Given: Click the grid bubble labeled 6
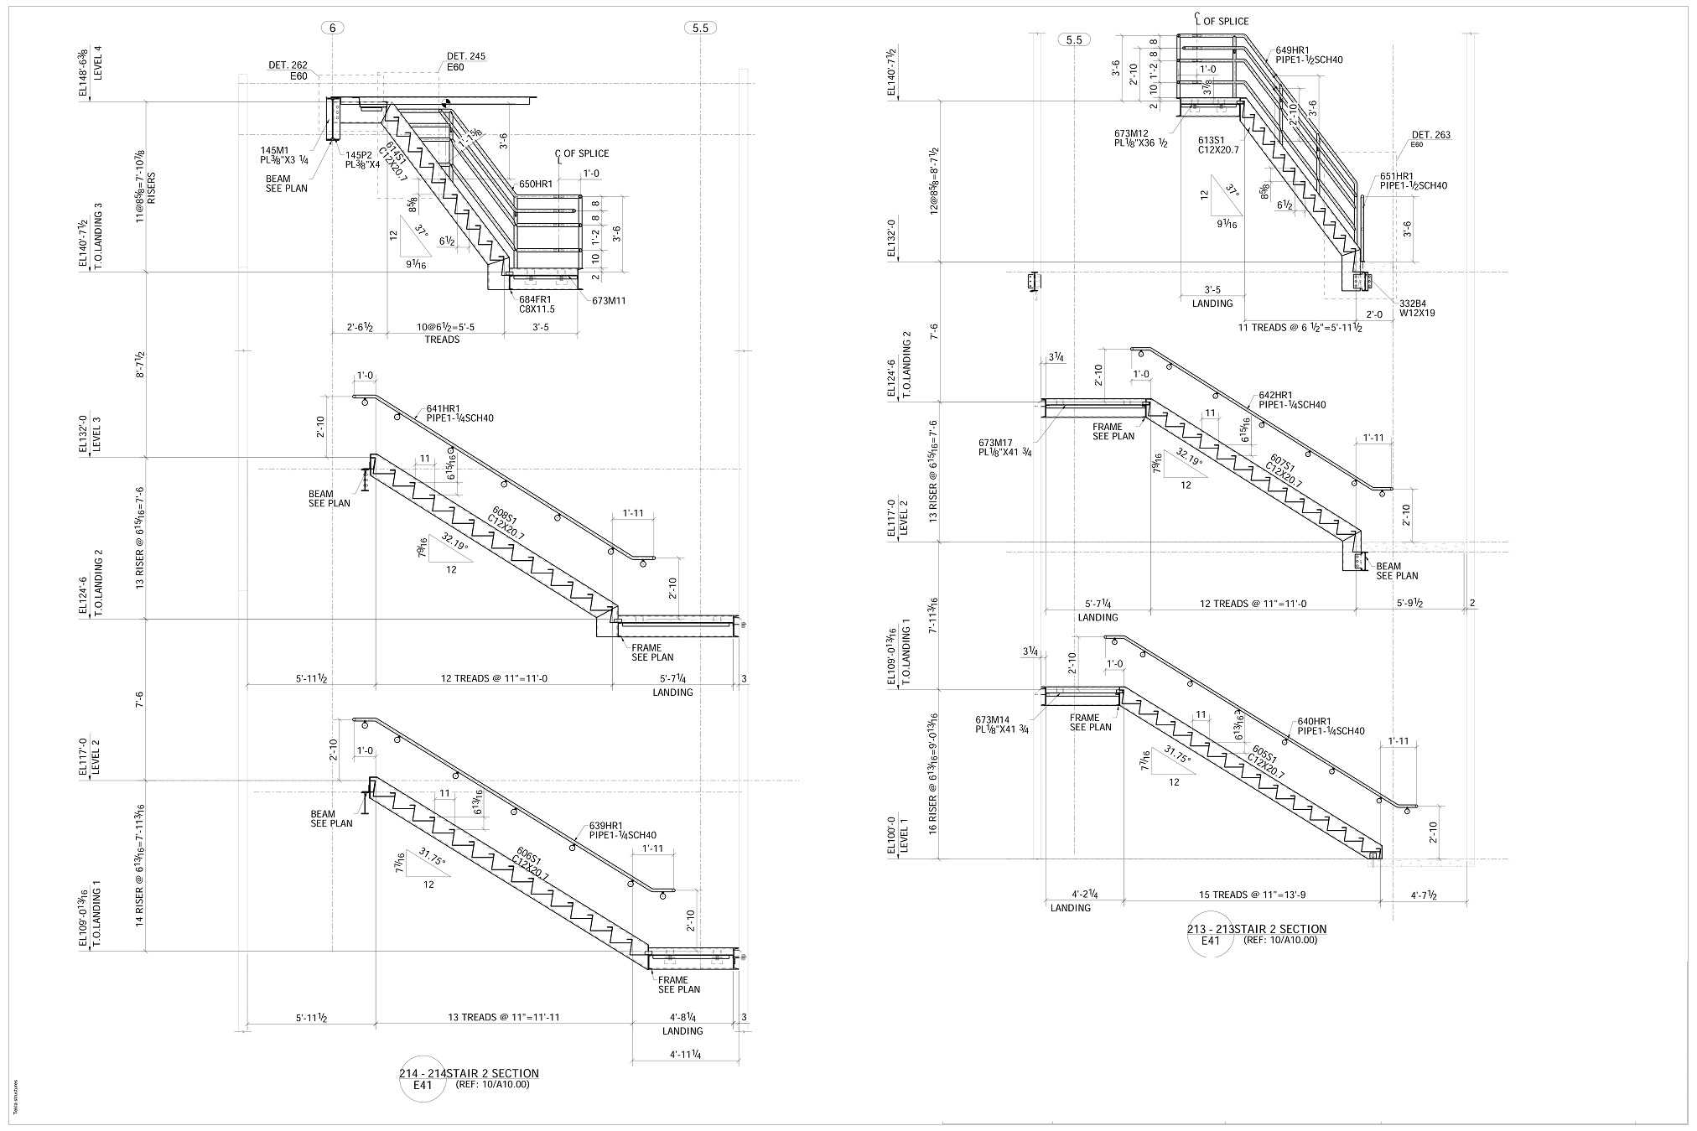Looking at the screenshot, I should (333, 28).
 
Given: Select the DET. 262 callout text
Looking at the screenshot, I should (288, 65).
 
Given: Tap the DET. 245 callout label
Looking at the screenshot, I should (466, 56).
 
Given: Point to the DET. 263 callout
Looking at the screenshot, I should (1431, 135).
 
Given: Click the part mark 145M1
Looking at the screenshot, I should (274, 148).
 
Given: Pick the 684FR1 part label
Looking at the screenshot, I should (535, 299).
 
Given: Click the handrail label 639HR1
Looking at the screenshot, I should (605, 826).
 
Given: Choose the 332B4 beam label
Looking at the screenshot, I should (1416, 303).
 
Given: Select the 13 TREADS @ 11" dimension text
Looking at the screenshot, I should (506, 1017).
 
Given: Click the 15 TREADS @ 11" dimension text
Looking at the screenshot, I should (1252, 895).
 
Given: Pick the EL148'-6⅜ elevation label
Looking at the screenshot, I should (83, 74).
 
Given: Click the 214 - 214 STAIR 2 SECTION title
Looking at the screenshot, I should (469, 1072).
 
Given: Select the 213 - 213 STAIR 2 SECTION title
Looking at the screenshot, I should (1256, 929).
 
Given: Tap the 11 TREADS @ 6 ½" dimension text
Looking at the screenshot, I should (1300, 328).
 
